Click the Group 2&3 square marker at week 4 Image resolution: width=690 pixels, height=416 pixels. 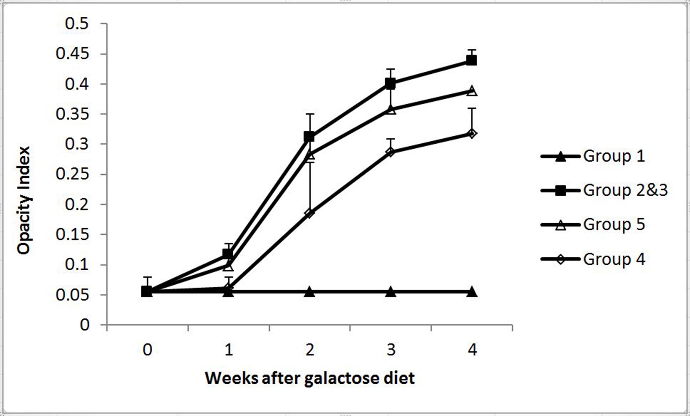(x=471, y=60)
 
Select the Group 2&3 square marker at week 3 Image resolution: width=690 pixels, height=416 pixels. (x=390, y=84)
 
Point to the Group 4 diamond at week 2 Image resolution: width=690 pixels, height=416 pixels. (x=310, y=213)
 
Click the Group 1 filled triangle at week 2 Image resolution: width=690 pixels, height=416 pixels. (x=310, y=292)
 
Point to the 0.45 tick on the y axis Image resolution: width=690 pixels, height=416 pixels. (x=72, y=54)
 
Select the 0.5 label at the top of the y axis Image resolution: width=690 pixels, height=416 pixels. (x=76, y=23)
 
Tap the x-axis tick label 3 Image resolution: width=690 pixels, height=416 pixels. (x=391, y=350)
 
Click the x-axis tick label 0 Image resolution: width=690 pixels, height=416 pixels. (x=147, y=350)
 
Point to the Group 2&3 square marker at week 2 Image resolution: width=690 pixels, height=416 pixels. (x=309, y=137)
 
